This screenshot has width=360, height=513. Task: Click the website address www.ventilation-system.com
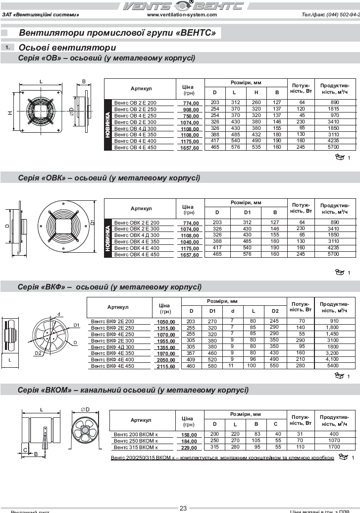tap(182, 15)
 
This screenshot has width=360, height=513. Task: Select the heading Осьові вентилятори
tap(67, 48)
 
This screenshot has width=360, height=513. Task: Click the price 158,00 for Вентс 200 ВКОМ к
tap(188, 435)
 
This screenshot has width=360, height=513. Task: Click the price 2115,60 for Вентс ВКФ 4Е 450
tap(166, 367)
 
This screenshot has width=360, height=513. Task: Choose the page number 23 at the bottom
tap(183, 508)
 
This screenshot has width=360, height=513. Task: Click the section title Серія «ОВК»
tap(109, 177)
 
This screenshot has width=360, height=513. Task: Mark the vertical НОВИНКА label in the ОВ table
tap(108, 124)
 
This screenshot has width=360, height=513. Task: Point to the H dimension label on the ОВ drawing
tap(9, 113)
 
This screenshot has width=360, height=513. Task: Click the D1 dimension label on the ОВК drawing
tap(93, 223)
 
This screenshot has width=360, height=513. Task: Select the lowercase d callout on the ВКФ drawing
tap(59, 314)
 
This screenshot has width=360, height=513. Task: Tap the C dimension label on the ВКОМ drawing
tap(25, 450)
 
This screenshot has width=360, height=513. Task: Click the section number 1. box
tap(8, 48)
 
